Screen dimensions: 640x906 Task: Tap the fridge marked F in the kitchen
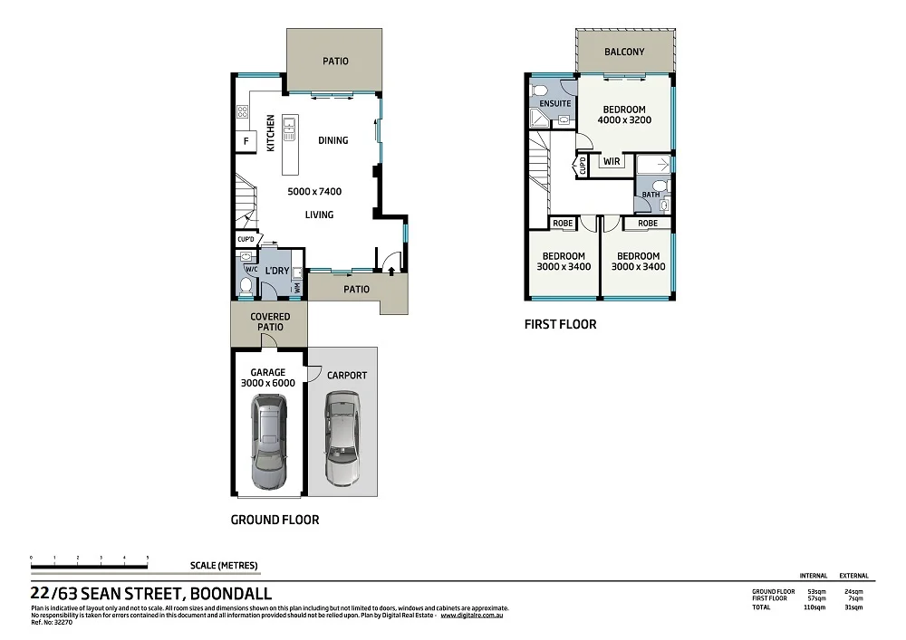tap(244, 142)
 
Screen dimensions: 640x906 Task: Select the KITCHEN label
tap(270, 133)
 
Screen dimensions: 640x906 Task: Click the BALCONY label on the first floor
tap(624, 52)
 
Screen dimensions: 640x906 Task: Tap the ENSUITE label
tap(555, 104)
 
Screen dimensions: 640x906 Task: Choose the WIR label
tap(611, 162)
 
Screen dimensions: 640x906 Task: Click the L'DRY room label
tap(276, 271)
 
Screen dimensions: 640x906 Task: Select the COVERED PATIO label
tap(270, 322)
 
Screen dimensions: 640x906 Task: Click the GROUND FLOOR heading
tap(275, 521)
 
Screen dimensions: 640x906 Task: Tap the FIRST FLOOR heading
tap(560, 324)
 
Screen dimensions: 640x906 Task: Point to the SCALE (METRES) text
tap(224, 566)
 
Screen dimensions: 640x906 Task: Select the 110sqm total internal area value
tap(813, 607)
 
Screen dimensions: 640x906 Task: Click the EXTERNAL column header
tap(853, 576)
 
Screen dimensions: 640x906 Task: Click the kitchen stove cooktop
tap(243, 112)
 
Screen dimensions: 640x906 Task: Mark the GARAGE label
tap(267, 372)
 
